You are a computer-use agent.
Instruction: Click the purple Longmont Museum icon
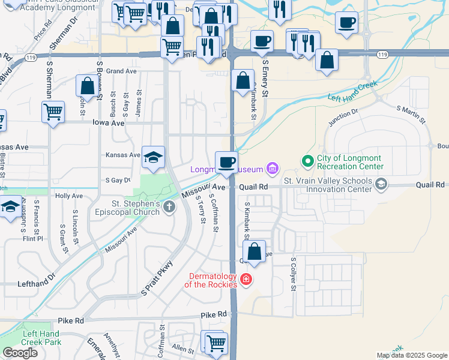coord(272,169)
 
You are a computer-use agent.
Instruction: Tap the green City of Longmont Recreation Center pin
coord(308,161)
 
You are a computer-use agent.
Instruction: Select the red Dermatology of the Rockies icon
coord(246,280)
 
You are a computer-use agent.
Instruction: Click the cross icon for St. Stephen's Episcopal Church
coord(169,208)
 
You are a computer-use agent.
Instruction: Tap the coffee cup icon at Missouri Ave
coord(226,163)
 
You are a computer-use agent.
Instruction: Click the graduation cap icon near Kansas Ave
coord(153,158)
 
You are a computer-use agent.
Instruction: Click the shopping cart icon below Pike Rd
coord(216,343)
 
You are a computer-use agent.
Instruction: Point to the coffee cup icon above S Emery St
coord(262,41)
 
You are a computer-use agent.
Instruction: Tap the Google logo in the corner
coord(20,353)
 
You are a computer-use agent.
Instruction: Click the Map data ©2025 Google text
coord(411,355)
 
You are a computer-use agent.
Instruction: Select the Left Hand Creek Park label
coord(41,338)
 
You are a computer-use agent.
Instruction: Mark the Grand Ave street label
coord(122,71)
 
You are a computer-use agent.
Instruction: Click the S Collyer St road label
coord(294,275)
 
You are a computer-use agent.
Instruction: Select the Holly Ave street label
coord(68,196)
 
